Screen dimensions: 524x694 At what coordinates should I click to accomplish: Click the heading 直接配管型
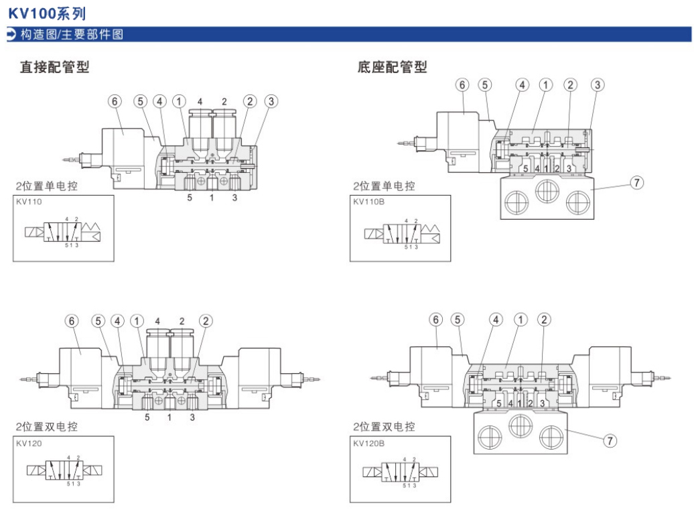pyautogui.click(x=54, y=67)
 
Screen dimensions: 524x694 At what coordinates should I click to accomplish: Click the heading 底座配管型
pyautogui.click(x=392, y=67)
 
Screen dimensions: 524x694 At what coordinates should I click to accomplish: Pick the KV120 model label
pyautogui.click(x=28, y=442)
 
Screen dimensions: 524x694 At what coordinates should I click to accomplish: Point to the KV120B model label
pyautogui.click(x=367, y=442)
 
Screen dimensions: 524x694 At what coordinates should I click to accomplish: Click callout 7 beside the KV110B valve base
pyautogui.click(x=637, y=183)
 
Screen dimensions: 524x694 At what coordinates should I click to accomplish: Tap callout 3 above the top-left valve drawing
pyautogui.click(x=271, y=101)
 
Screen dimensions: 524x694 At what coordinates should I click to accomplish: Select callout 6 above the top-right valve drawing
pyautogui.click(x=462, y=84)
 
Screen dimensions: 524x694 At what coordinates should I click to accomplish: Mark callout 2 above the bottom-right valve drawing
pyautogui.click(x=544, y=320)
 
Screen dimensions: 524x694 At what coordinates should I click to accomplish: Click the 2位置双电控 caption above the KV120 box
pyautogui.click(x=47, y=426)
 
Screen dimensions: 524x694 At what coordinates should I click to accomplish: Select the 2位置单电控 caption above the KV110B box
pyautogui.click(x=385, y=186)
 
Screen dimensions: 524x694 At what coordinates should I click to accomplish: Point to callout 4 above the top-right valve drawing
pyautogui.click(x=522, y=84)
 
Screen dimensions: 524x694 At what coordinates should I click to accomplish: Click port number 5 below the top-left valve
pyautogui.click(x=190, y=198)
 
